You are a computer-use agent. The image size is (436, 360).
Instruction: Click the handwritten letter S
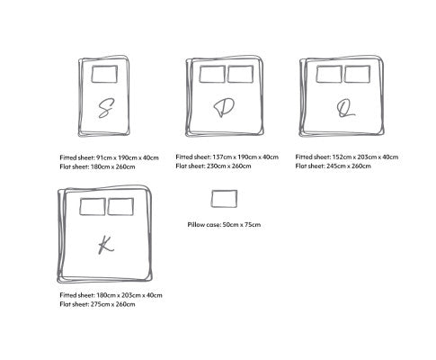coord(105,108)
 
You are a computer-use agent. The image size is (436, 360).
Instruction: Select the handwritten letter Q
coord(345,108)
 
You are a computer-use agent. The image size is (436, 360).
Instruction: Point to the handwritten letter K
coord(106,245)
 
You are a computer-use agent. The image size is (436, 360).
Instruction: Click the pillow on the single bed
coord(104,74)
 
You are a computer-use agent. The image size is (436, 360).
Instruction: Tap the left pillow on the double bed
coord(212,74)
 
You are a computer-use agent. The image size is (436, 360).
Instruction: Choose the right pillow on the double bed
coord(240,74)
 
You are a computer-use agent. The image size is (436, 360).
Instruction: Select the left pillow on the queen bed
coord(329,74)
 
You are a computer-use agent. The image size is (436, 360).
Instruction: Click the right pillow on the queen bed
coord(357,74)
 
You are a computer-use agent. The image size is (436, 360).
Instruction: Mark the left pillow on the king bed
coord(93,206)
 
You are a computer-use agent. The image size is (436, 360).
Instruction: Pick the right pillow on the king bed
coord(120,206)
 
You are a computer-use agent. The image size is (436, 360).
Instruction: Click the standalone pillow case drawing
coord(224,199)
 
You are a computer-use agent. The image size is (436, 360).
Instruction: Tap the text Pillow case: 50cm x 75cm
coord(224,225)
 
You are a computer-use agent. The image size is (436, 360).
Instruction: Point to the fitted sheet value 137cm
coord(221,157)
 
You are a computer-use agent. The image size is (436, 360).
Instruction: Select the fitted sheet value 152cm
coord(341,157)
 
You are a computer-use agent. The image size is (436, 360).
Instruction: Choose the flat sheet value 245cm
coord(335,166)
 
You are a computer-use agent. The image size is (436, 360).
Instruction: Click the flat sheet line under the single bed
coord(97,166)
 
